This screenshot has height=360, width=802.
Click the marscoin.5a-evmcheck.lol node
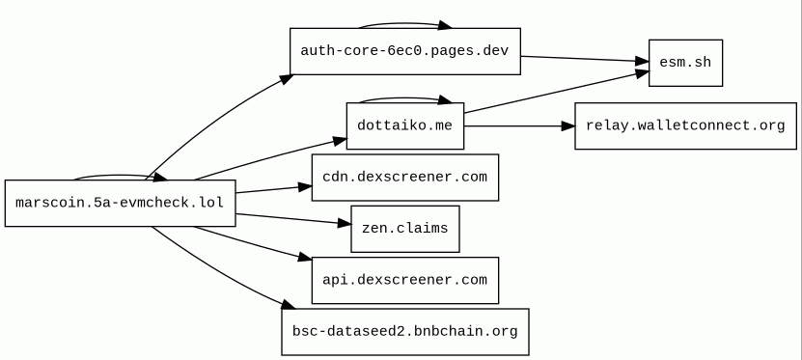click(121, 203)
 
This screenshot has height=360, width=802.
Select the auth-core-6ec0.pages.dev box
click(405, 51)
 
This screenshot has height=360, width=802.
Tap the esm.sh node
click(685, 63)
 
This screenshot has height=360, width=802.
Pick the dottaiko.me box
click(405, 125)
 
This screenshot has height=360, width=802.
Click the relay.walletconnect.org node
click(685, 125)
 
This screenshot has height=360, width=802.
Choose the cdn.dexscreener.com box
click(405, 178)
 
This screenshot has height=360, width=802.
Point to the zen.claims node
click(405, 229)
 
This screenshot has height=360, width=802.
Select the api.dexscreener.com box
click(405, 280)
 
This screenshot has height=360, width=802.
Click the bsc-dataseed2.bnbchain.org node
click(405, 332)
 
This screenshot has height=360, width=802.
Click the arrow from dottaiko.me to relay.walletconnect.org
click(519, 125)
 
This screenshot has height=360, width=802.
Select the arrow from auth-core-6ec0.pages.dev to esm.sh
click(585, 59)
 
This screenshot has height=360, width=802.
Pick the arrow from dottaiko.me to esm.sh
click(557, 92)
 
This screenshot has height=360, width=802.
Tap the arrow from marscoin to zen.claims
click(293, 219)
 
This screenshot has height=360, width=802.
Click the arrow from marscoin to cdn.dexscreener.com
click(274, 189)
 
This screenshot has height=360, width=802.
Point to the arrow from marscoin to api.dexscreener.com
click(253, 243)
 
